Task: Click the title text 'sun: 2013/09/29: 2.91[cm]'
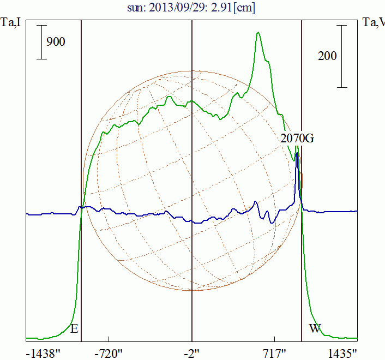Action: (x=192, y=8)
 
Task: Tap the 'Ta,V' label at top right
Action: (x=373, y=22)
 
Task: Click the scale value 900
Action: (x=56, y=41)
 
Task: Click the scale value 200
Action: (x=327, y=56)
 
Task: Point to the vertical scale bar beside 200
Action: (x=342, y=56)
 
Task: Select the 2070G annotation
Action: (x=297, y=138)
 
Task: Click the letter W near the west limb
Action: (x=315, y=328)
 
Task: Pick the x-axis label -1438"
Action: (x=43, y=354)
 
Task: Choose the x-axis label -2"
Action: (x=192, y=354)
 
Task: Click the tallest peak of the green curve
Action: (x=258, y=33)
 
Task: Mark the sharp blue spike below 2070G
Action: (x=297, y=154)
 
